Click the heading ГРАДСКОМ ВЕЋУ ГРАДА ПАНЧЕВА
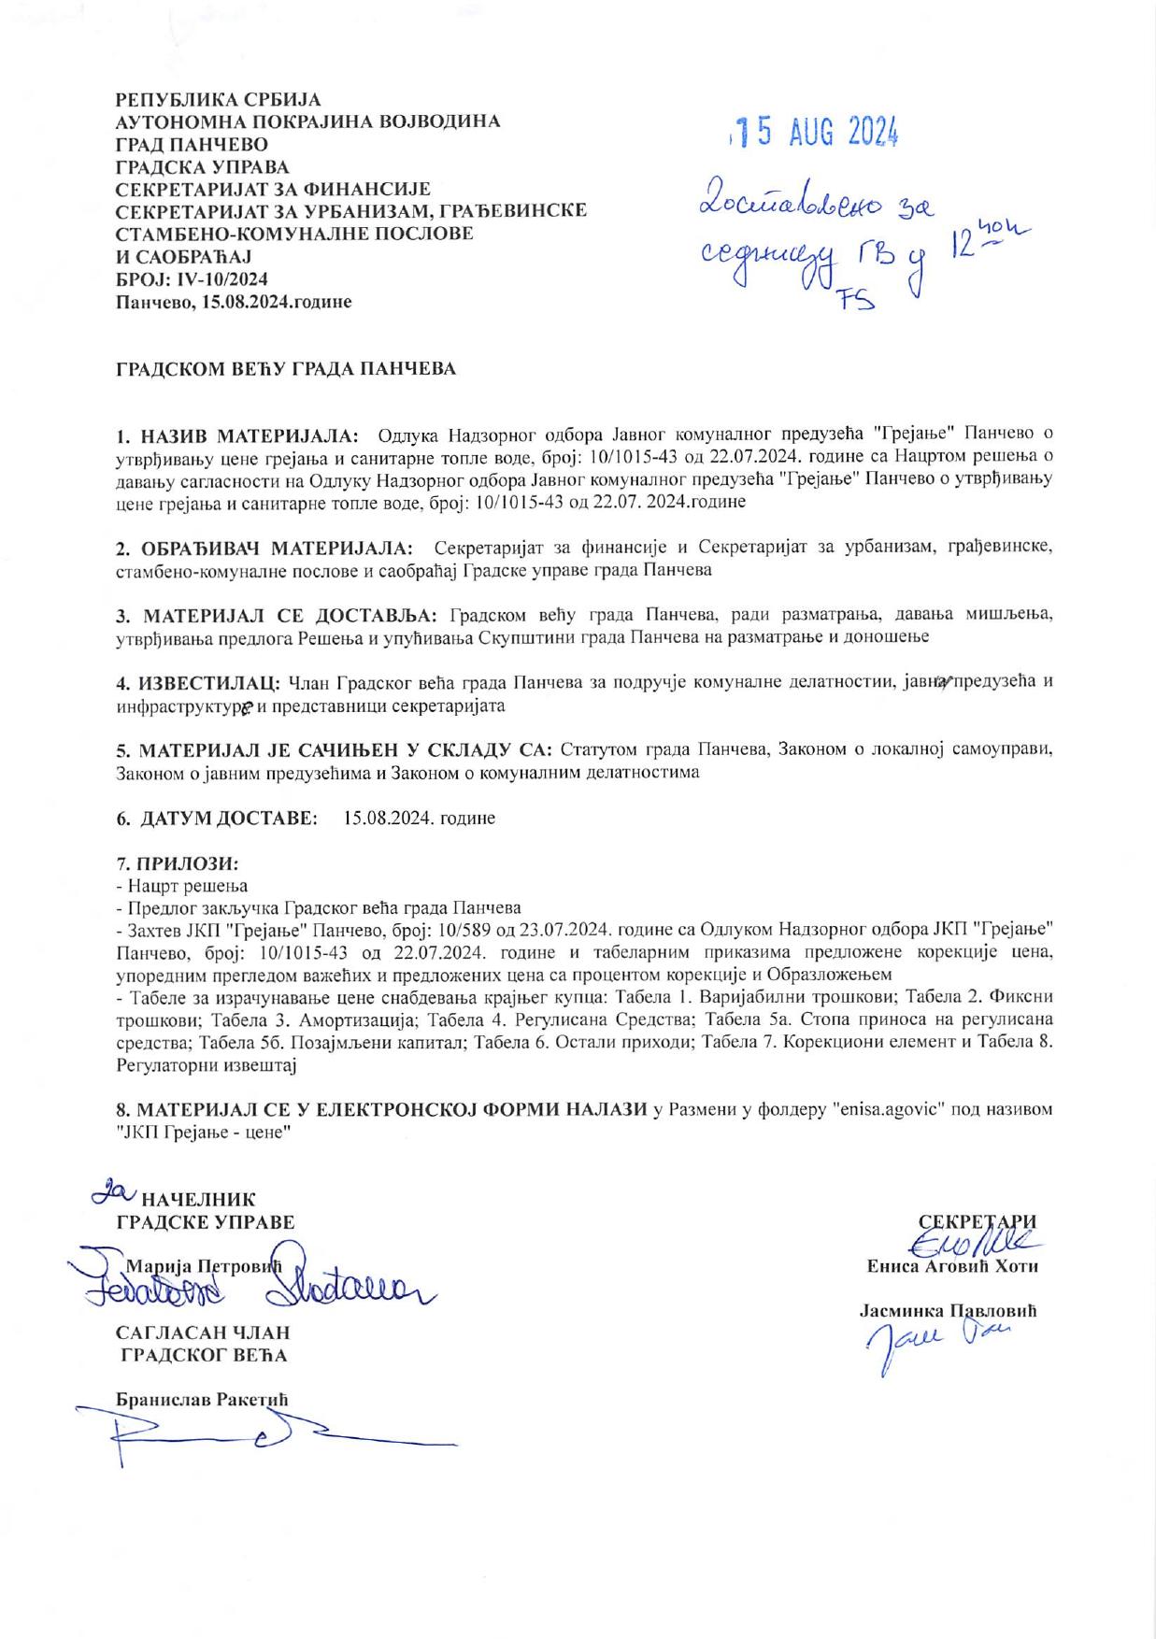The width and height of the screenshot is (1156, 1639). [286, 368]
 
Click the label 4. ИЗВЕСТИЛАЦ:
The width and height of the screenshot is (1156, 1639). [198, 681]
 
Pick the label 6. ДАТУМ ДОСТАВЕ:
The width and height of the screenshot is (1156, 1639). [217, 818]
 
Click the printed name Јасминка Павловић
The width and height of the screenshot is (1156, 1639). [949, 1311]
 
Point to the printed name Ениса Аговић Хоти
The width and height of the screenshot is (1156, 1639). [952, 1268]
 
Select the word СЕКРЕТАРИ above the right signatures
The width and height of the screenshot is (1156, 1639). [978, 1220]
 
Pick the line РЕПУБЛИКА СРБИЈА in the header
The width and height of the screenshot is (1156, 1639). [218, 99]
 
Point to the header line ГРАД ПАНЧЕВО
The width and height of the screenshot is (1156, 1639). [192, 145]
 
